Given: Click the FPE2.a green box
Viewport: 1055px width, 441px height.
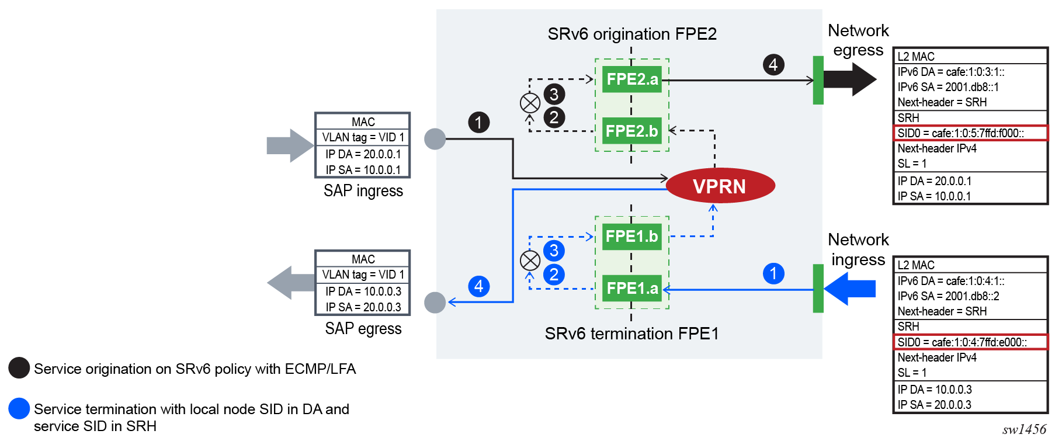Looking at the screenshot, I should pos(631,79).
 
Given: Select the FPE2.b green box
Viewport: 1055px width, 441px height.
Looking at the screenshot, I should pos(631,131).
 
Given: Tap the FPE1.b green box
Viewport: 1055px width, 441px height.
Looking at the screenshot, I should pos(631,236).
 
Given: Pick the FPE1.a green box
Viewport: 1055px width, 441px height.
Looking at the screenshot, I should pos(631,288).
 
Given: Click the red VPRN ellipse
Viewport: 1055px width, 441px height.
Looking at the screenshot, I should pos(720,186).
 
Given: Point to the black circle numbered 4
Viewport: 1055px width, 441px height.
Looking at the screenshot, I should pos(773,64).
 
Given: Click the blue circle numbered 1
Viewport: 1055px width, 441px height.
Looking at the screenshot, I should pos(773,273).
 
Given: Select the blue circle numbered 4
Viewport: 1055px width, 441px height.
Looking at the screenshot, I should pos(478,286).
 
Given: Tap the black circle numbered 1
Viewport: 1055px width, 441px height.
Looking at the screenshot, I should pos(478,123).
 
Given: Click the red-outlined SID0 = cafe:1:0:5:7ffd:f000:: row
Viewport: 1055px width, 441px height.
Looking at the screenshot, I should pos(970,133).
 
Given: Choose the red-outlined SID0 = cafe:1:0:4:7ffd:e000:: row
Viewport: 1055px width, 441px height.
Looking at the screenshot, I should pos(970,342).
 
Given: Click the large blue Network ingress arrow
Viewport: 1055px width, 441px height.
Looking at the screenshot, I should pos(851,289).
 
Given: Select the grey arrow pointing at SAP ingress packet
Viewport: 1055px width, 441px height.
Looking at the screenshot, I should pos(290,145).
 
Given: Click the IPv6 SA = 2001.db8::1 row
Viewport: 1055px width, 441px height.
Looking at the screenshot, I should pos(948,87).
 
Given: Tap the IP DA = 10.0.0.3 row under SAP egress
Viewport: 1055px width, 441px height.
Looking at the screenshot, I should pos(363,291).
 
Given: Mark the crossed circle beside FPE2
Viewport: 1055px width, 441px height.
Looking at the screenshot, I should pos(530,103).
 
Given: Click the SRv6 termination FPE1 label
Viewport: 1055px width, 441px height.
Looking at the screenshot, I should pos(631,334).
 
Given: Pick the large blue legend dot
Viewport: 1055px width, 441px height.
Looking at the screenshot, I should pos(19,408).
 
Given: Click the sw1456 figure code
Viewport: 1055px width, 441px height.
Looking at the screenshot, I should pos(1024,430).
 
